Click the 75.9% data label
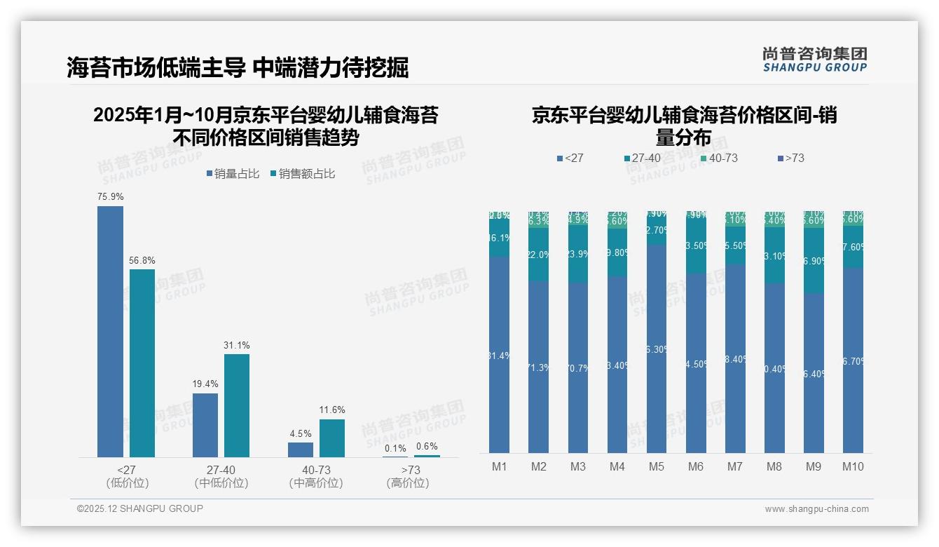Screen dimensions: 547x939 (x=110, y=197)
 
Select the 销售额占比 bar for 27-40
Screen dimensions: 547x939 (x=237, y=405)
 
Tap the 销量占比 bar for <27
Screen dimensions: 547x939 (x=110, y=332)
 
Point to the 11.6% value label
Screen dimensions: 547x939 (x=332, y=410)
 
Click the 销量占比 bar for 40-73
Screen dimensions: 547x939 (x=301, y=450)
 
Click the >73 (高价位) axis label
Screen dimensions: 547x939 (x=408, y=476)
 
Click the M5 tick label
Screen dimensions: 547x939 (x=656, y=467)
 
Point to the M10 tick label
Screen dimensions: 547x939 (x=852, y=467)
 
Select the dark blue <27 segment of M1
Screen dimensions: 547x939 (x=500, y=354)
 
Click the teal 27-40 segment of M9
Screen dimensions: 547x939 (x=813, y=260)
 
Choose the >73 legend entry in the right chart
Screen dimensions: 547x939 (x=790, y=158)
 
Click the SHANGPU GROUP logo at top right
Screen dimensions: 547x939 (x=814, y=60)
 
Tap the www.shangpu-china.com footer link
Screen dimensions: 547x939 (x=816, y=509)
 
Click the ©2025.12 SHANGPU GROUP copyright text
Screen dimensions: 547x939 (x=140, y=509)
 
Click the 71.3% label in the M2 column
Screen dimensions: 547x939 (x=538, y=367)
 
